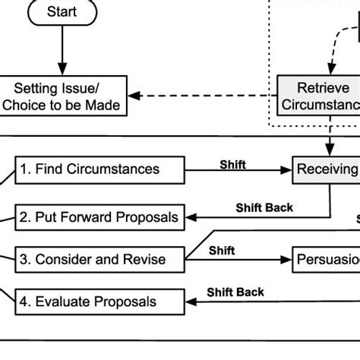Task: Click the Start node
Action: tap(62, 11)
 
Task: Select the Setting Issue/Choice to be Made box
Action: tap(62, 96)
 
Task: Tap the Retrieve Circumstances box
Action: tap(318, 96)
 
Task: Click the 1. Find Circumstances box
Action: tap(99, 170)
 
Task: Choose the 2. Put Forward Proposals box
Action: tap(99, 217)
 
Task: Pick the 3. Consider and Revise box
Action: tap(99, 260)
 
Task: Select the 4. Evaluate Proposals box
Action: tap(99, 302)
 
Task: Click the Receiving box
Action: tap(327, 170)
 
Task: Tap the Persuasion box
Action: tap(327, 260)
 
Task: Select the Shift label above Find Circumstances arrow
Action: tap(232, 164)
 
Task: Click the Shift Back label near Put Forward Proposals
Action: tap(264, 207)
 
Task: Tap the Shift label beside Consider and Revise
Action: tap(222, 251)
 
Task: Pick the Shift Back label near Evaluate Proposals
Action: tap(235, 292)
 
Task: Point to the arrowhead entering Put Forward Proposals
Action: tap(190, 217)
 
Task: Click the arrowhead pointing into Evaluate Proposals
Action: tap(190, 302)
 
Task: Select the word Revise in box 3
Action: tap(146, 260)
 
